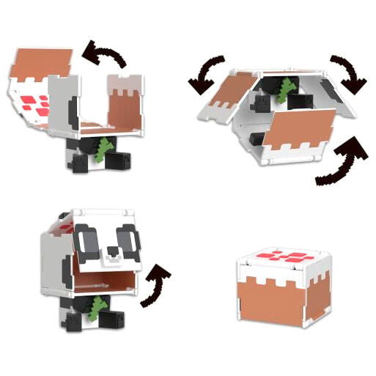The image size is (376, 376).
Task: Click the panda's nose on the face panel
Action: pyautogui.click(x=111, y=250)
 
